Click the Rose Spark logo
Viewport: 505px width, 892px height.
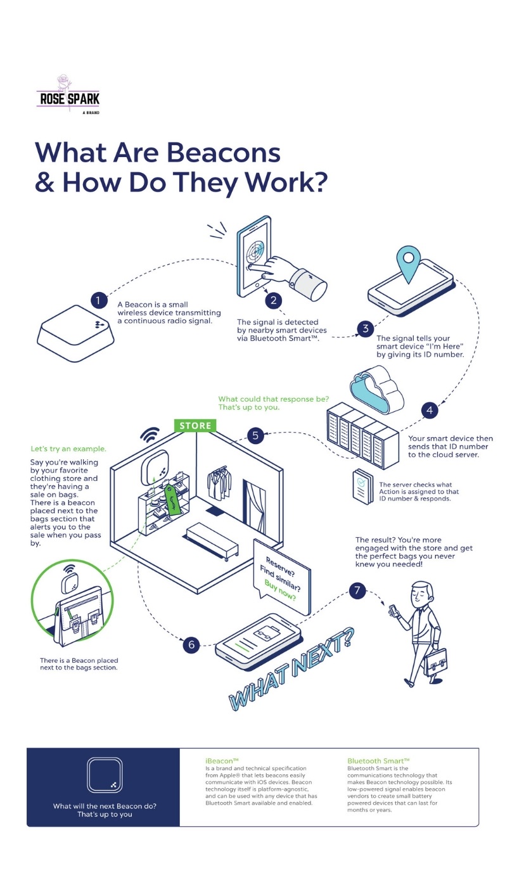pos(68,95)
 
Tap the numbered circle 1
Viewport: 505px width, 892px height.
pos(98,300)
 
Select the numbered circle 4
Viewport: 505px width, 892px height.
pos(430,411)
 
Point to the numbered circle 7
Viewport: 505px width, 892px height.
pos(357,591)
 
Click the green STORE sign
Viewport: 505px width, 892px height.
pos(195,426)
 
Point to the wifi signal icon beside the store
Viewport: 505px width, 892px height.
pos(150,435)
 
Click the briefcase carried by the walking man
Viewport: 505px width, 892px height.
pos(435,661)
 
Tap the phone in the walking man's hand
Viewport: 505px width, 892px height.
pos(393,611)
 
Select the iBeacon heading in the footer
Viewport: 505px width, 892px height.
pos(222,760)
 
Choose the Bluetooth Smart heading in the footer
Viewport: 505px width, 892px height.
pos(378,760)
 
